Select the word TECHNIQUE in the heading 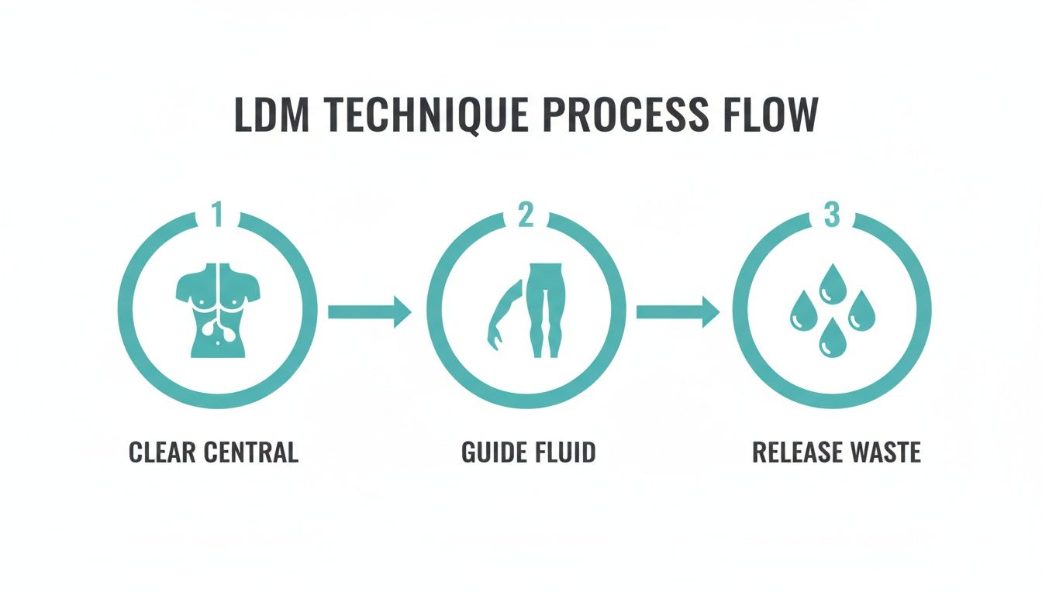(x=409, y=115)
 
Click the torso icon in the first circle (x=217, y=310)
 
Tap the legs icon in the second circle (x=544, y=310)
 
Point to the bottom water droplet (x=832, y=338)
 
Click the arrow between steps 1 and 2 (x=369, y=311)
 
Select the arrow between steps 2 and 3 (x=677, y=311)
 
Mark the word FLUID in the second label (x=565, y=452)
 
